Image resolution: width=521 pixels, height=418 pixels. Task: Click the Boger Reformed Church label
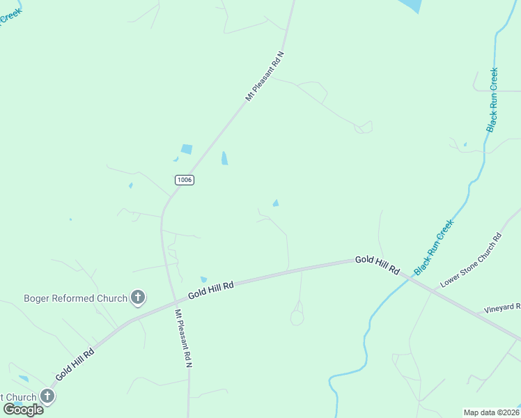pyautogui.click(x=75, y=298)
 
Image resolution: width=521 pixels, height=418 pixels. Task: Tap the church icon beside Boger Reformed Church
pyautogui.click(x=138, y=298)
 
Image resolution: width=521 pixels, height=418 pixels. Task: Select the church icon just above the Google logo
pyautogui.click(x=47, y=397)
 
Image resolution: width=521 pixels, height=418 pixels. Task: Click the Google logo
pyautogui.click(x=23, y=410)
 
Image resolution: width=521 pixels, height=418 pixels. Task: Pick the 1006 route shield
pyautogui.click(x=184, y=180)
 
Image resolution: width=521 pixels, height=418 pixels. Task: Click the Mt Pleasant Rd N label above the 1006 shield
pyautogui.click(x=265, y=77)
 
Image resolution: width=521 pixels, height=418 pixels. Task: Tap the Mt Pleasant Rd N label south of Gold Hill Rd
pyautogui.click(x=183, y=339)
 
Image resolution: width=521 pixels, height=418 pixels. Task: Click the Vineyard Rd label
pyautogui.click(x=502, y=308)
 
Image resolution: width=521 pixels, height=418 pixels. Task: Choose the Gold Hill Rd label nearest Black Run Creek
pyautogui.click(x=377, y=264)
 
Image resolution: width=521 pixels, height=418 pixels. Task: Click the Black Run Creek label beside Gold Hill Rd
pyautogui.click(x=434, y=247)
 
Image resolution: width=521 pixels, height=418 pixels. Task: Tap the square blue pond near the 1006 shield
pyautogui.click(x=186, y=149)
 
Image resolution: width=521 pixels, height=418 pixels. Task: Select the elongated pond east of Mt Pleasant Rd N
pyautogui.click(x=224, y=159)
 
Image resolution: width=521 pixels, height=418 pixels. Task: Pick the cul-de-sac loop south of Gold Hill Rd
pyautogui.click(x=297, y=318)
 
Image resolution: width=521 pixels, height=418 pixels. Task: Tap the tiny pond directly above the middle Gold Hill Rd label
pyautogui.click(x=203, y=279)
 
